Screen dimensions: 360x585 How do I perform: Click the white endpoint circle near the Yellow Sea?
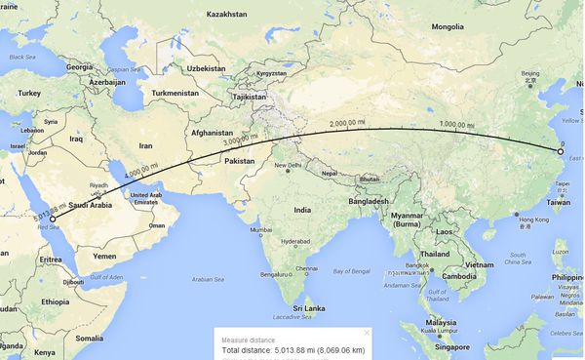[561, 151]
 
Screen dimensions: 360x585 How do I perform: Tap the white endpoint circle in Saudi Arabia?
[53, 220]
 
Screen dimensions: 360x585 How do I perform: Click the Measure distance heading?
[245, 339]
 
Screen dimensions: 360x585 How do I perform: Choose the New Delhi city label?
[288, 166]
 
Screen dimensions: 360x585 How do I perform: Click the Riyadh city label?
[97, 183]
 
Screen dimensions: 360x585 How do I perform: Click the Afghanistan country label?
[213, 133]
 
